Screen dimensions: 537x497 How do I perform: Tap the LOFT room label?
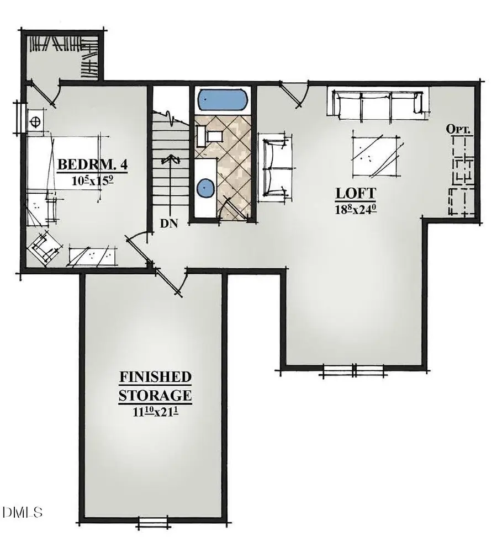356,193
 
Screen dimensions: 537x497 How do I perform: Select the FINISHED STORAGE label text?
156,386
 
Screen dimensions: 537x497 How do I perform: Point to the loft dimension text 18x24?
356,208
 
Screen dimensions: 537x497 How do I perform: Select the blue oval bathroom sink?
204,188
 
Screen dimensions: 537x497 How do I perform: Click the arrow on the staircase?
170,161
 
